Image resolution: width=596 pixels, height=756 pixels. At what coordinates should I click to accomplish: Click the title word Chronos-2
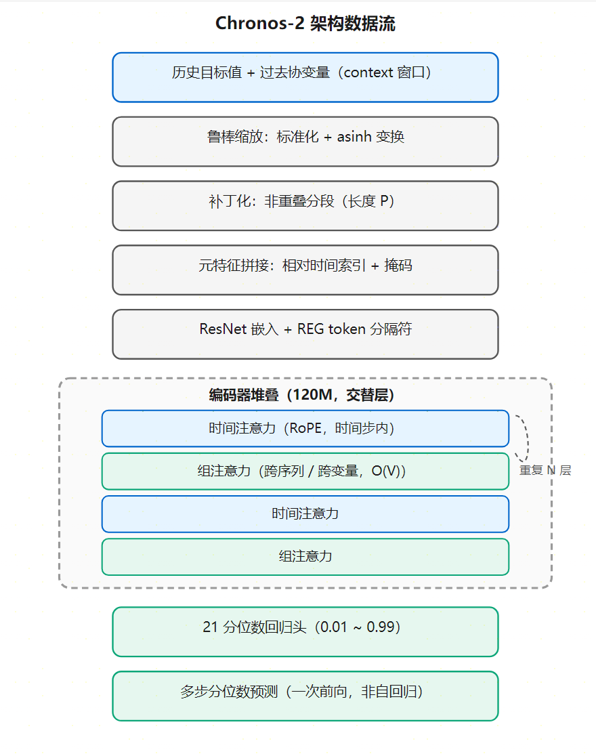coord(259,23)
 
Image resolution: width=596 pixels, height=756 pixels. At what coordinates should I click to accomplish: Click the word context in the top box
coord(368,72)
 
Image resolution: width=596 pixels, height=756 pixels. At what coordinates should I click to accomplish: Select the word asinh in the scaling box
coord(354,136)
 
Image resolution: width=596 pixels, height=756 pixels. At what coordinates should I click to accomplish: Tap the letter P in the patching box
coord(384,201)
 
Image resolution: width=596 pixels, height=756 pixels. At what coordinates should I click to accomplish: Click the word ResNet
coord(223,329)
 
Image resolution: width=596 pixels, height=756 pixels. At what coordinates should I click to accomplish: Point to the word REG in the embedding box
coord(311,329)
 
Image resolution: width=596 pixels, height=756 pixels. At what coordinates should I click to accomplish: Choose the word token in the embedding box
coord(347,329)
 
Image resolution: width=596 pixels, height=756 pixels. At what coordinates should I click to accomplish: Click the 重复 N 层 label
coord(545,470)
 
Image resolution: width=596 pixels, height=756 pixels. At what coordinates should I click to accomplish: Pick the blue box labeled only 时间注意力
coord(305,514)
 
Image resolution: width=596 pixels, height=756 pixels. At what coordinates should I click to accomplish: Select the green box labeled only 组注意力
coord(305,557)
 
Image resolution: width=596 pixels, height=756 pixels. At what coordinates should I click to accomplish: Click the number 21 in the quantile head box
coord(210,627)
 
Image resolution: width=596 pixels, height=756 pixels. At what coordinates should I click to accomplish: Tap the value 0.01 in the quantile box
coord(334,627)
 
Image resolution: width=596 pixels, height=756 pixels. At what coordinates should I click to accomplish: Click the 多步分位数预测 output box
coord(305,696)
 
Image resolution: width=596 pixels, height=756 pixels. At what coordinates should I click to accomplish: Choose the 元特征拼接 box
coord(305,270)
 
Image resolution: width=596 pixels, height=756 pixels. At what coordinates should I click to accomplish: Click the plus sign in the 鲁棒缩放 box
coord(328,138)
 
